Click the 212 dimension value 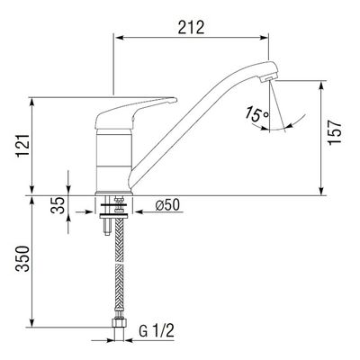point(191,27)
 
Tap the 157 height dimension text point(335,132)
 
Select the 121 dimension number point(23,145)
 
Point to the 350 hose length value point(23,258)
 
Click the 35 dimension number point(58,205)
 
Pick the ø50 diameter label point(167,205)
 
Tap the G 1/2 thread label point(157,331)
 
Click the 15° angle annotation point(256,114)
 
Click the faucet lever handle point(135,112)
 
